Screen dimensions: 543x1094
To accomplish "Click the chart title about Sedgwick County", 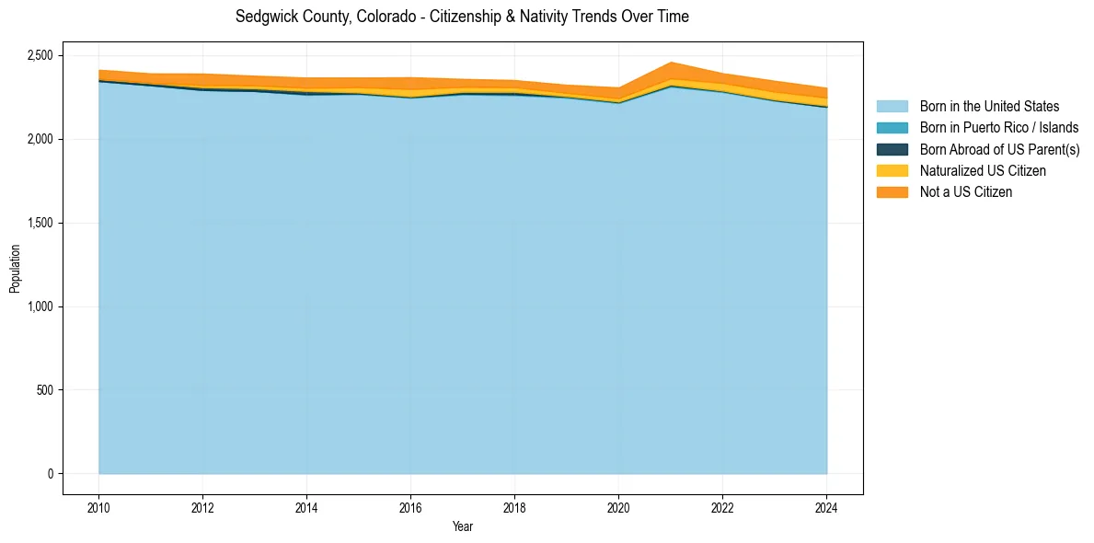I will click(462, 17).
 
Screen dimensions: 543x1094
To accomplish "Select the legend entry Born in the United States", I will click(989, 107).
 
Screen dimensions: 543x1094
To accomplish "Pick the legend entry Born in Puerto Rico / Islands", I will click(999, 128).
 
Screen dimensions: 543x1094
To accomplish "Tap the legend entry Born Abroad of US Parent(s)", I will click(999, 149).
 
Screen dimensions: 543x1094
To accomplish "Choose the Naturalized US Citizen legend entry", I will click(983, 170).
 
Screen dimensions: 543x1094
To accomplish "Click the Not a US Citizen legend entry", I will click(965, 191).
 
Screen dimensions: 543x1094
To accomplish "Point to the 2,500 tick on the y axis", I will click(40, 55).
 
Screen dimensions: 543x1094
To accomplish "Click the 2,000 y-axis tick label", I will click(40, 139).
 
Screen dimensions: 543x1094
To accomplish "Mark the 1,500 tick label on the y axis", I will click(40, 223).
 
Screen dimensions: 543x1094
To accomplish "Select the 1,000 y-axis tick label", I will click(40, 306).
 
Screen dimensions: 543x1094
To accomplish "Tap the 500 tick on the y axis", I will click(45, 390).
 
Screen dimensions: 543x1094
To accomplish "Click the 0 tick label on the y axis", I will click(52, 474).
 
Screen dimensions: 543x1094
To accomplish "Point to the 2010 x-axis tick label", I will click(98, 505).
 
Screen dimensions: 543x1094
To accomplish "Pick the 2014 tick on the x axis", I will click(306, 505).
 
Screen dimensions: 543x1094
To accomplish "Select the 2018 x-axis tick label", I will click(514, 505).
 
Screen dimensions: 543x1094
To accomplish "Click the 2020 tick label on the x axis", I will click(618, 505).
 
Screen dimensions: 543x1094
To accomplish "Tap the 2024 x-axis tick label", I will click(826, 505).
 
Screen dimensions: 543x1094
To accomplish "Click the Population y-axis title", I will click(15, 269).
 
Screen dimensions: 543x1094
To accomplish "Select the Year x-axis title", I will click(463, 526).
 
